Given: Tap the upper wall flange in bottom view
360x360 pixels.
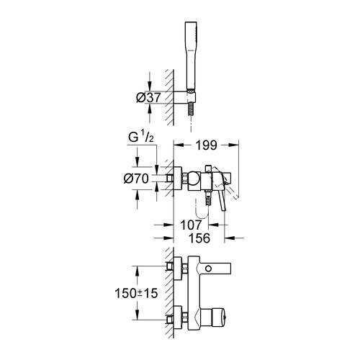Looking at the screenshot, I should pos(174,269).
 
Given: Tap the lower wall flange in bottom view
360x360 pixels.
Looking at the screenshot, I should pos(174,317).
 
